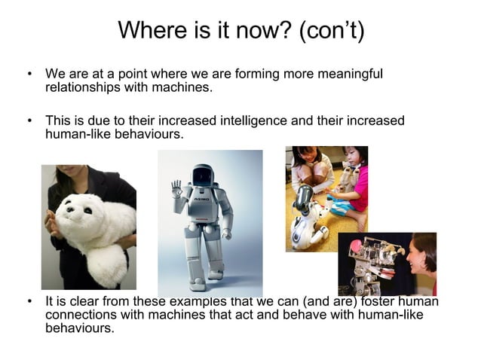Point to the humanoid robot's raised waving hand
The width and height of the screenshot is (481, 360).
click(x=176, y=188)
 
